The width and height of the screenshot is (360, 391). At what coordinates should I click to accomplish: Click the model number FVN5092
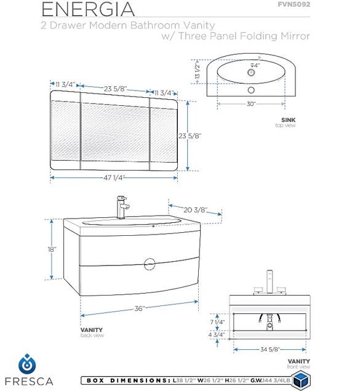[294, 4]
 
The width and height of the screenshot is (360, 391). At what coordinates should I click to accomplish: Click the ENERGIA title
[88, 9]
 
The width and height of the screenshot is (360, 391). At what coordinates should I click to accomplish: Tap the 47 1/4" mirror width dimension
[114, 178]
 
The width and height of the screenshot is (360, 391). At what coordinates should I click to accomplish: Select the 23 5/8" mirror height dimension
[190, 136]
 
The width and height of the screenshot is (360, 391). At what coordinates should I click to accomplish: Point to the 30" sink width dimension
[251, 103]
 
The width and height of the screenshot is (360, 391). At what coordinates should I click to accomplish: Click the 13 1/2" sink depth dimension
[198, 71]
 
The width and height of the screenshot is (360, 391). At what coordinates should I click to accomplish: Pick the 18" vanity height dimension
[52, 249]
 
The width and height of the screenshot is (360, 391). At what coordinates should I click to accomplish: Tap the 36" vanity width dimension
[140, 308]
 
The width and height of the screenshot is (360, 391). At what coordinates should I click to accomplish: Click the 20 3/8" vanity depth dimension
[196, 210]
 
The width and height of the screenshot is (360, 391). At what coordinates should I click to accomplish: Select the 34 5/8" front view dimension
[270, 349]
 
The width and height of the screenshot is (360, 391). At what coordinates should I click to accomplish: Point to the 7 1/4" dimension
[217, 322]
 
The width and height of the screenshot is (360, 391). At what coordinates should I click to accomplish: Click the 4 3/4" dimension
[217, 334]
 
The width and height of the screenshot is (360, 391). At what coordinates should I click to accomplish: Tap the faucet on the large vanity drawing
[122, 208]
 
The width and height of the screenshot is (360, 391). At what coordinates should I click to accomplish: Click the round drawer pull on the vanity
[150, 264]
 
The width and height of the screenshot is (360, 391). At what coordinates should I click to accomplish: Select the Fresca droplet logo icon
[27, 364]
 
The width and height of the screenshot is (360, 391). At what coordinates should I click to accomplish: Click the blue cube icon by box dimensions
[301, 380]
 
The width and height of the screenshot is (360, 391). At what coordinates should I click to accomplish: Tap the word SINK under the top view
[288, 120]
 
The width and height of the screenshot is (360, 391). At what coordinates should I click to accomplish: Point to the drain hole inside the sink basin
[251, 73]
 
